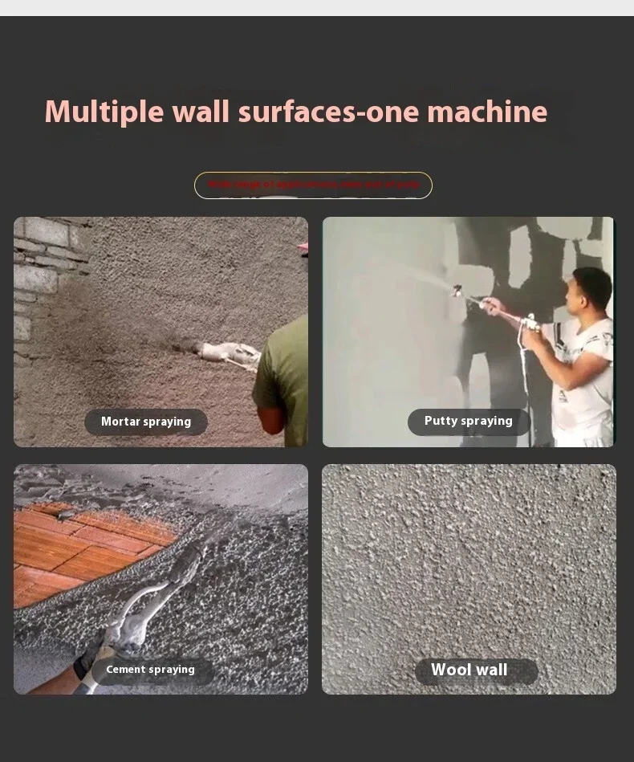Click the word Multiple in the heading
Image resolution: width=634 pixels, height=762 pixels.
click(104, 112)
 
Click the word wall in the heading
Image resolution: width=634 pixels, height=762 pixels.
click(201, 112)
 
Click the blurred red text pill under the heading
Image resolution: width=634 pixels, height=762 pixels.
click(313, 185)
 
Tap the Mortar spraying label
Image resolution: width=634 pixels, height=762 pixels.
click(146, 422)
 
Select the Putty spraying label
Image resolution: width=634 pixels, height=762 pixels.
click(469, 422)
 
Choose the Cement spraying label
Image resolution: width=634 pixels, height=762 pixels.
click(151, 670)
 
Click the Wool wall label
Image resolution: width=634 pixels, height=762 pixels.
click(469, 670)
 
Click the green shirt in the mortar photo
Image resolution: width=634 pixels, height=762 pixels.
click(283, 377)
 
